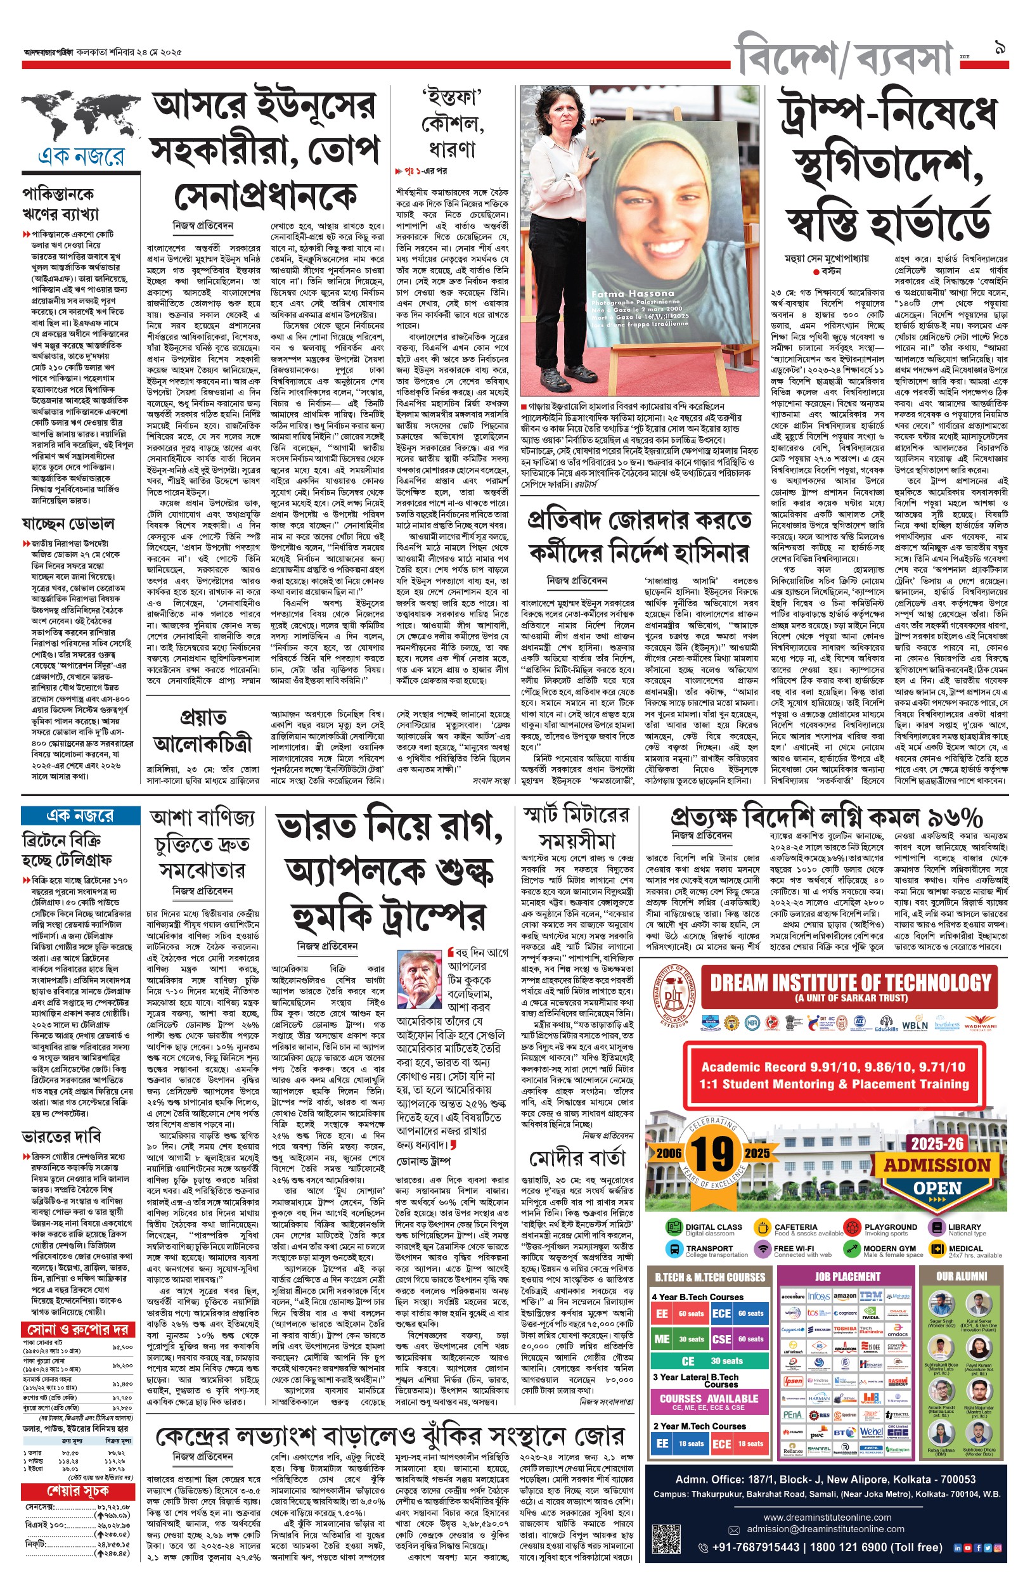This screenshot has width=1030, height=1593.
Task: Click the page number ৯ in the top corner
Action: coord(1000,49)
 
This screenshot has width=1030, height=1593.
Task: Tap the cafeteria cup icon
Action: coord(762,1227)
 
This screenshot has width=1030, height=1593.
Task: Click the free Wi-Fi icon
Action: coord(762,1249)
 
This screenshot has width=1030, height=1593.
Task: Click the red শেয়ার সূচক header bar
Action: coord(77,1491)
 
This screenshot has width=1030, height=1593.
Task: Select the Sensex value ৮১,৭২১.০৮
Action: coord(113,1507)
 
